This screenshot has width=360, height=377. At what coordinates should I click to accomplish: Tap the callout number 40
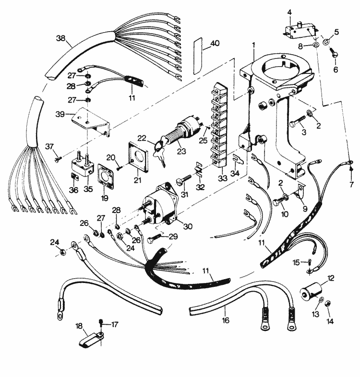(x=214, y=43)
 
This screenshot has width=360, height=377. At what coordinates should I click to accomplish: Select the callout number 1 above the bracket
(x=253, y=45)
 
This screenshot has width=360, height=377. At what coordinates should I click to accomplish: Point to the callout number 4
(x=289, y=11)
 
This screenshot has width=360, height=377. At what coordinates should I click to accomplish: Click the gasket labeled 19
(x=104, y=174)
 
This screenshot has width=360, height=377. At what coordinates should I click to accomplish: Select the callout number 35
(x=87, y=189)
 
